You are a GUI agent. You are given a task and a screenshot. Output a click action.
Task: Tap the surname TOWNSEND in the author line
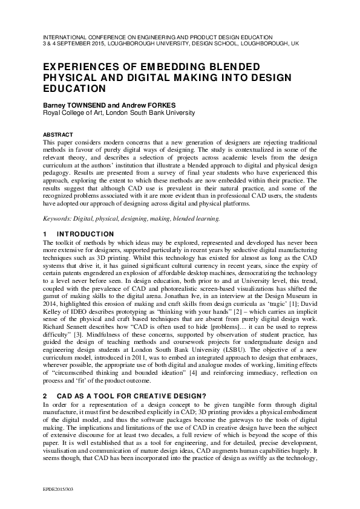(83, 105)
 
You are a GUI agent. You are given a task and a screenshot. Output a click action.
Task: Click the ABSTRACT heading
(59, 134)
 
